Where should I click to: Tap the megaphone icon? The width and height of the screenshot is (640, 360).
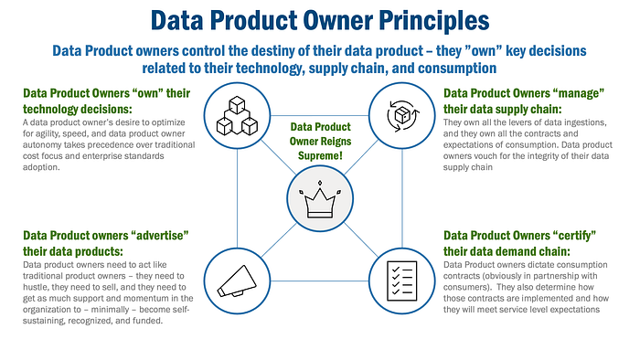(x=237, y=281)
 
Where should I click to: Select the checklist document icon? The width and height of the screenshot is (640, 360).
(x=402, y=281)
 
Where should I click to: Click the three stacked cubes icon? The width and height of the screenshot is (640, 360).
(x=237, y=115)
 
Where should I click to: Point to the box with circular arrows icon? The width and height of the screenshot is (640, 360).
(x=402, y=116)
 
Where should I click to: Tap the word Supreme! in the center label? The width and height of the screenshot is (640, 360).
(x=320, y=155)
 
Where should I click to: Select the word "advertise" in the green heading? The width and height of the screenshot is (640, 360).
(x=160, y=235)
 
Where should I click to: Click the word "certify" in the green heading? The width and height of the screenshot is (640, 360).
(x=574, y=236)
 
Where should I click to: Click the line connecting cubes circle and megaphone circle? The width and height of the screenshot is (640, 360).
(x=237, y=198)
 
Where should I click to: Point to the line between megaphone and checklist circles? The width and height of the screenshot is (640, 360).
(x=320, y=281)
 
